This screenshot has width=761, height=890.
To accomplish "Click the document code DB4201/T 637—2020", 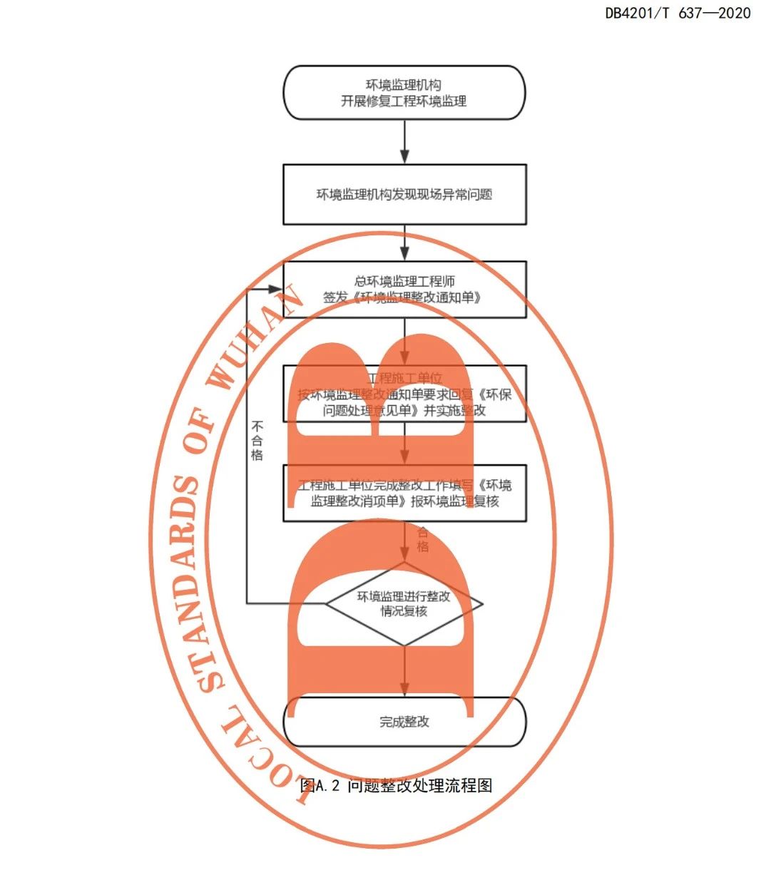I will coord(677,13).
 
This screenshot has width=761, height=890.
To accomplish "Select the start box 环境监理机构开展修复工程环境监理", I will coord(404,93).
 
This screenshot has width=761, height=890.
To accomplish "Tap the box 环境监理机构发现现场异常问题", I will coord(404,194).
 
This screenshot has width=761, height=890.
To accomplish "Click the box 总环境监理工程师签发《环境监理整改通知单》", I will coord(404,289).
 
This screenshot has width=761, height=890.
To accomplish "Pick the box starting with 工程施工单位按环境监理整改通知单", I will coord(404,394).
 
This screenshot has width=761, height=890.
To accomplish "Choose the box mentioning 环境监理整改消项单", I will coord(404,493).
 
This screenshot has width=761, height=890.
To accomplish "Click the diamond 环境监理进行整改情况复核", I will coord(404,604).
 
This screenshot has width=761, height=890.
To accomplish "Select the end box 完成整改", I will coord(404,722).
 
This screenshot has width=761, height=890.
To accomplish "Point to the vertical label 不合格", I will coord(257,440).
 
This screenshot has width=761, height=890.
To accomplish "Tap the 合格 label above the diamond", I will coord(422,539).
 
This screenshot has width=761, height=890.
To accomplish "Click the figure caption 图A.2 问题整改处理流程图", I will coord(397,786).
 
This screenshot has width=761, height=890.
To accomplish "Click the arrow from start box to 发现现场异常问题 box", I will coord(404,143).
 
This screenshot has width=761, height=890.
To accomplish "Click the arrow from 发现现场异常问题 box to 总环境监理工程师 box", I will coord(404,244).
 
